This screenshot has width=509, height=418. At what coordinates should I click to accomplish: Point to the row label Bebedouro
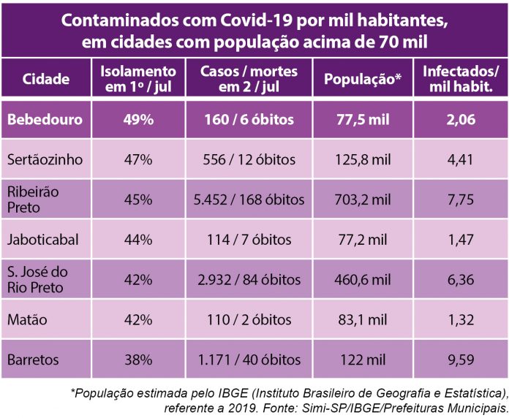[45, 120]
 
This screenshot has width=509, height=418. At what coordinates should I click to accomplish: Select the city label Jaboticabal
[42, 239]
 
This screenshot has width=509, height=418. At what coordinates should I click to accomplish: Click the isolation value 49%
[137, 120]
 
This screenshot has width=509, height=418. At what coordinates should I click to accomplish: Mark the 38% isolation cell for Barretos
[137, 360]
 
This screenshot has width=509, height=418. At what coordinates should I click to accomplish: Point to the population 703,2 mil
[363, 199]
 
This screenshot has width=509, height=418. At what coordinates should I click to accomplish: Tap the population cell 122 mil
[363, 360]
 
